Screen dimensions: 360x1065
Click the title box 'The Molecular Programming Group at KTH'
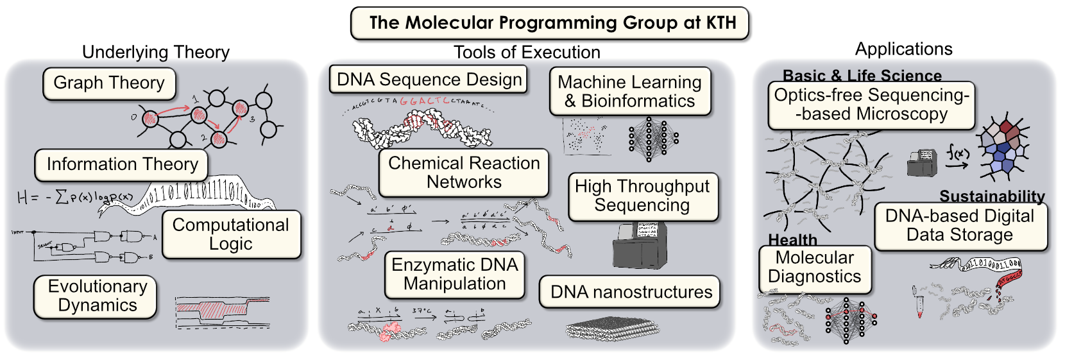click(x=549, y=23)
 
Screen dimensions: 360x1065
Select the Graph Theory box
click(x=109, y=83)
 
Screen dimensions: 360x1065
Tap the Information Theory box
click(x=122, y=164)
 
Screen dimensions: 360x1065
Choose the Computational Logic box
click(x=231, y=234)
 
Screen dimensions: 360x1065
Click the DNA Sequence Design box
click(x=429, y=80)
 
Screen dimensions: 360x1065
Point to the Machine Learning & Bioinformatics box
click(x=630, y=91)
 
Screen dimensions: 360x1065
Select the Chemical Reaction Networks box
click(x=464, y=173)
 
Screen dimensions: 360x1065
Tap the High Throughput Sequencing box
click(x=642, y=196)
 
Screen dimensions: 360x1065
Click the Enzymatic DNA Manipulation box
click(x=455, y=274)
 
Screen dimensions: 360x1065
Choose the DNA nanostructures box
click(x=630, y=292)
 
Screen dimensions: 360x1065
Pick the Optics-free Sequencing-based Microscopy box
click(x=871, y=105)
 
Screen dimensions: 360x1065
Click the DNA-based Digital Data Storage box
click(x=960, y=225)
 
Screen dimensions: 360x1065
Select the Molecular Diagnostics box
click(x=815, y=267)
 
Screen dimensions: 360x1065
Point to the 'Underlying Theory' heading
click(x=156, y=52)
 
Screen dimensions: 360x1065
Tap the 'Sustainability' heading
click(x=992, y=196)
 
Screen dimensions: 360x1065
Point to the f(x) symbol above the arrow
click(x=957, y=152)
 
